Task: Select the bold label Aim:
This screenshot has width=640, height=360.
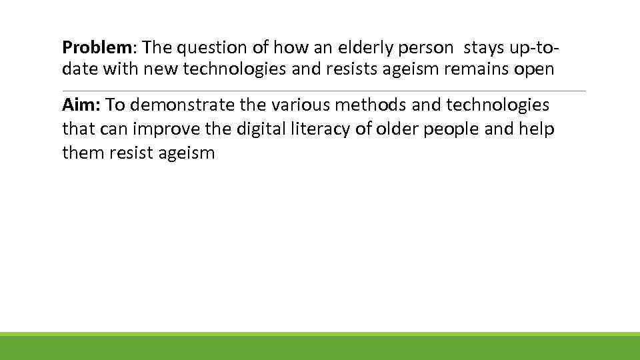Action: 81,105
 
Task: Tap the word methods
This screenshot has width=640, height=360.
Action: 378,105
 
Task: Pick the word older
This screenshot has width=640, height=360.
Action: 393,129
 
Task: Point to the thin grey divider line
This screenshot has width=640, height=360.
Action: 324,91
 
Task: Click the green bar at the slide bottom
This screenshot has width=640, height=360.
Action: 320,347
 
